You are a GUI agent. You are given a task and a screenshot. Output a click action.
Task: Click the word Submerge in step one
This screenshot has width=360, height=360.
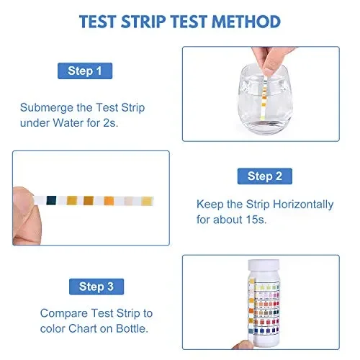coord(45,107)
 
